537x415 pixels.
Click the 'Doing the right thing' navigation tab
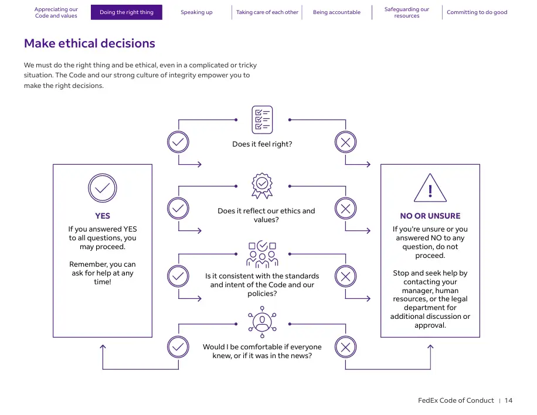pyautogui.click(x=127, y=12)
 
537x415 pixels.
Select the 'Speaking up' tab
pyautogui.click(x=196, y=12)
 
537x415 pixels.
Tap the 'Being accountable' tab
pyautogui.click(x=337, y=12)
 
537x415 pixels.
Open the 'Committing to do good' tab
pyautogui.click(x=477, y=12)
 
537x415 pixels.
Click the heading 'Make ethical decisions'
pyautogui.click(x=89, y=43)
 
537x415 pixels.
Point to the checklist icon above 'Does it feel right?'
pyautogui.click(x=262, y=120)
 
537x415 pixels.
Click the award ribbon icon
pyautogui.click(x=262, y=186)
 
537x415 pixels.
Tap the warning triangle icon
pyautogui.click(x=430, y=188)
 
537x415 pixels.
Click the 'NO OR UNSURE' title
pyautogui.click(x=430, y=216)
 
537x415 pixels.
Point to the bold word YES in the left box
pyautogui.click(x=103, y=216)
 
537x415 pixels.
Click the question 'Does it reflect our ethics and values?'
pyautogui.click(x=266, y=215)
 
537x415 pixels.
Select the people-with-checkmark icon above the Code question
pyautogui.click(x=262, y=254)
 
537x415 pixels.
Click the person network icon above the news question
pyautogui.click(x=262, y=322)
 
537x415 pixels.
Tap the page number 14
pyautogui.click(x=509, y=400)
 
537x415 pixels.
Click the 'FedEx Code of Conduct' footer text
pyautogui.click(x=456, y=400)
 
